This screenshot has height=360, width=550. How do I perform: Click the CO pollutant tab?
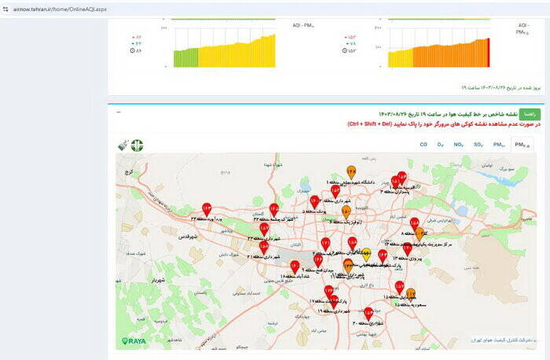click(423, 145)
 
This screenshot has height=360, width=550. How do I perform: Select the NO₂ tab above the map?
click(459, 145)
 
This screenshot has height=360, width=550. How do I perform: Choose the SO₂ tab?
click(478, 145)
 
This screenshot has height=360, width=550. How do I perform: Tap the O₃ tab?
click(441, 145)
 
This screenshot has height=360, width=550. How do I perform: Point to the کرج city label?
click(131, 171)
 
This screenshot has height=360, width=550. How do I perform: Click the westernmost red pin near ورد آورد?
click(207, 209)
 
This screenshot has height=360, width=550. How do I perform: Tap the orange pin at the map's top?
click(351, 171)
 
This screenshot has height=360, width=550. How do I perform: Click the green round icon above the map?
click(137, 145)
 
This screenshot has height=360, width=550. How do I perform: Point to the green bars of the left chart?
click(185, 57)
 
